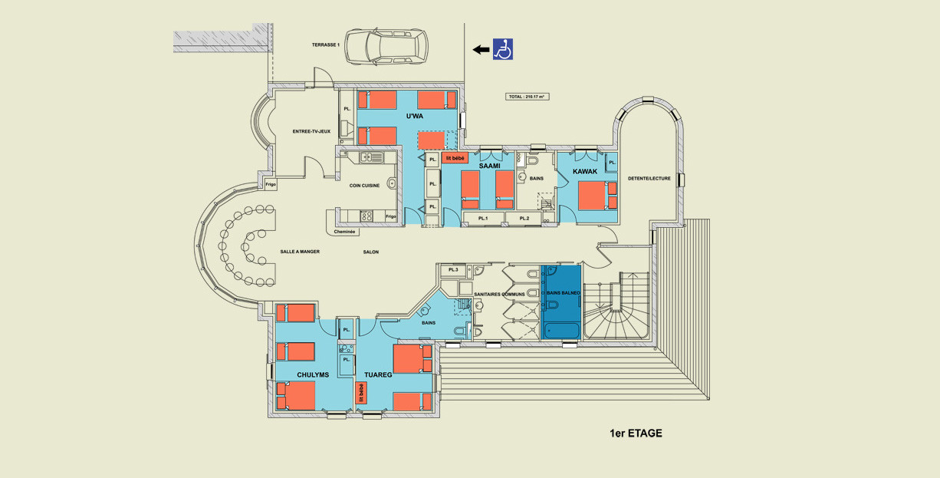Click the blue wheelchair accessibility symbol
[503, 49]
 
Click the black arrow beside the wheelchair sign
[481, 50]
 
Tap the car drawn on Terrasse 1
[386, 47]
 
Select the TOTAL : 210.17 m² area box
[527, 97]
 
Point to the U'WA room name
[415, 117]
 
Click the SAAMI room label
[490, 166]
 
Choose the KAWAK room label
[585, 171]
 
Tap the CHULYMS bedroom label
[313, 374]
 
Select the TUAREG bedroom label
[378, 374]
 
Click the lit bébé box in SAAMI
[455, 158]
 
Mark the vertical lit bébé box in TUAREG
[361, 393]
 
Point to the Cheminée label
[344, 232]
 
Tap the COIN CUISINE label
[365, 186]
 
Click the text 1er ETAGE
[636, 433]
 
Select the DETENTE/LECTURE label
[649, 179]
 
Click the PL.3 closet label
[453, 269]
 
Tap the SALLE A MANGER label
[300, 252]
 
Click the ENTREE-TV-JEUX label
[311, 131]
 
